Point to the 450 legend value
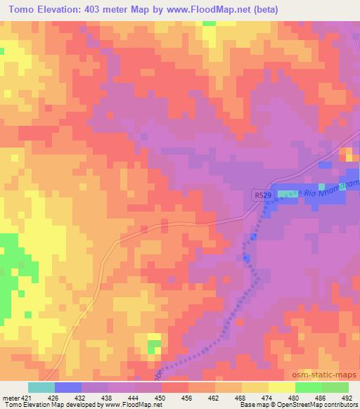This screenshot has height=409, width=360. click(x=161, y=397)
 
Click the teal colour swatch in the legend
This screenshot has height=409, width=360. click(x=41, y=387)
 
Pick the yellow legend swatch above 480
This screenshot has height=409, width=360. click(x=282, y=387)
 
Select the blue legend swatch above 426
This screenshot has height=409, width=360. click(x=68, y=387)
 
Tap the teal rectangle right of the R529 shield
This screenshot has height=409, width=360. click(x=288, y=194)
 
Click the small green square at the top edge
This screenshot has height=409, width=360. click(x=209, y=22)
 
